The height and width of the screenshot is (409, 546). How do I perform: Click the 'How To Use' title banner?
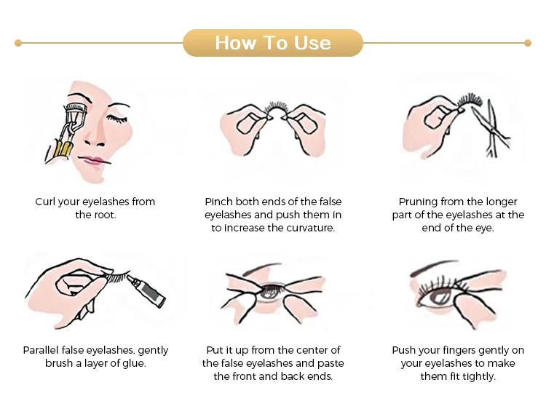pyautogui.click(x=273, y=43)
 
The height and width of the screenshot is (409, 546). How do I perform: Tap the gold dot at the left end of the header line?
pyautogui.click(x=18, y=43)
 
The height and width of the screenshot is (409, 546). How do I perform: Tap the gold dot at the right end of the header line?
pyautogui.click(x=528, y=43)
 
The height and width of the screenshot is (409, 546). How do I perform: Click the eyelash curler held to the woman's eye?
pyautogui.click(x=66, y=130)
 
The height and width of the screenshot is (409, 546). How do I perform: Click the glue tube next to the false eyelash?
pyautogui.click(x=146, y=290)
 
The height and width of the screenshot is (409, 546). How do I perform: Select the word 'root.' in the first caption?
pyautogui.click(x=106, y=215)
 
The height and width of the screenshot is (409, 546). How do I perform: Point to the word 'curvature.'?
pyautogui.click(x=311, y=228)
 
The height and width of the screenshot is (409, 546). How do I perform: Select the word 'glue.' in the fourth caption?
pyautogui.click(x=134, y=363)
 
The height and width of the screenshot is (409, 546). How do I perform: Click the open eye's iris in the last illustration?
pyautogui.click(x=440, y=297)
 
